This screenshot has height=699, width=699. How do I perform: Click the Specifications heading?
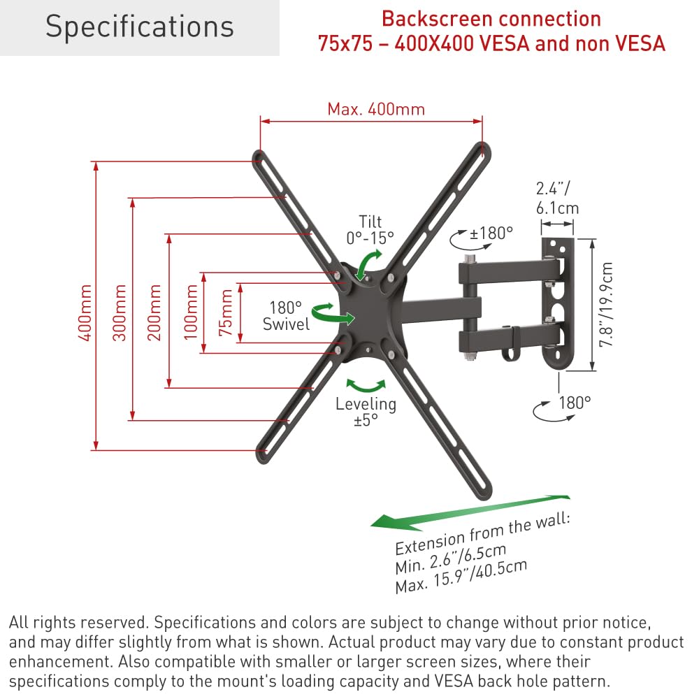coord(139,27)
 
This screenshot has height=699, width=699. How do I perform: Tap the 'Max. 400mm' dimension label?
coord(376,109)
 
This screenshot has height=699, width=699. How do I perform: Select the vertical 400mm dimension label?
coord(85,312)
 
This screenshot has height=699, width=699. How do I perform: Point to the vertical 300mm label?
coord(120,312)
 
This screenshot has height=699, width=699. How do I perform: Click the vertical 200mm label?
coord(154,312)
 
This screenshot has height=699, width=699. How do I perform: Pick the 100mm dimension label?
coord(191,312)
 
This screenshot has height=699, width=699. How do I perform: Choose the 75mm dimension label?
coord(226,312)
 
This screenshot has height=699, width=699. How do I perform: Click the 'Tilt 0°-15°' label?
coord(370,229)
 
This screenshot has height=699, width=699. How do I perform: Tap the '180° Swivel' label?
coord(286,315)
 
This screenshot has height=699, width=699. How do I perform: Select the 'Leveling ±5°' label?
coord(366,412)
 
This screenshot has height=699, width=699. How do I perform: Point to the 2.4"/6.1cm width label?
coord(557,198)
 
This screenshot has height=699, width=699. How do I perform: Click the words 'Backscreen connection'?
coord(491,19)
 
